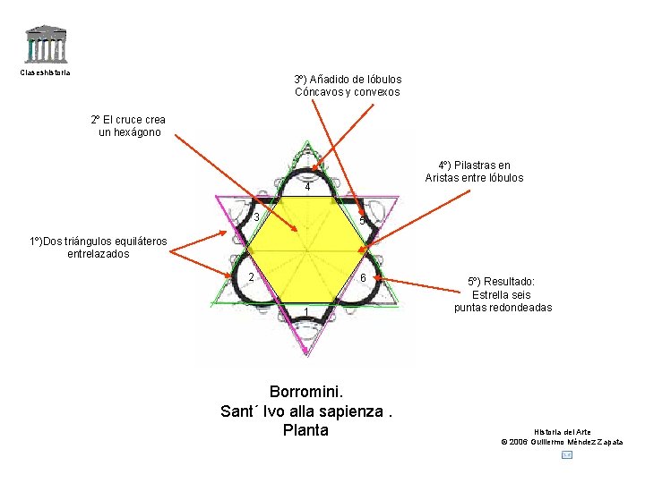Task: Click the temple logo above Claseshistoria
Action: (44, 45)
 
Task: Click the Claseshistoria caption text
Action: (45, 72)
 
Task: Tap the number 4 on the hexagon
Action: (307, 188)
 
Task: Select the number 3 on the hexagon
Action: (256, 217)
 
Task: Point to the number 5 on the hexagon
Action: (361, 221)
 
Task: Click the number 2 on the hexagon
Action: (253, 277)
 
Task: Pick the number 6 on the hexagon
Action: (362, 278)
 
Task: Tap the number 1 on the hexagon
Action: (306, 310)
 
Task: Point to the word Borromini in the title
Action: (306, 392)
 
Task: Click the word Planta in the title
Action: (305, 430)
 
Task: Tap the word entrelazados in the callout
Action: (98, 254)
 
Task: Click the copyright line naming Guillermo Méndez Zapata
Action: (562, 442)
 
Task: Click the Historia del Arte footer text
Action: (562, 432)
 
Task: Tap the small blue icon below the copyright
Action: (566, 455)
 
